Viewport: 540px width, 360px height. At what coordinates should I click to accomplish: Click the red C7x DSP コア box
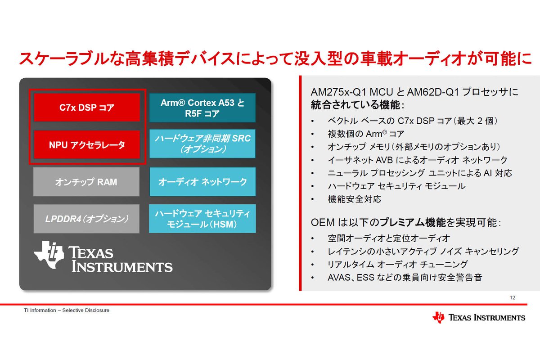87,108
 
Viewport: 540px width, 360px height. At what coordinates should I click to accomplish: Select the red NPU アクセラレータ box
87,145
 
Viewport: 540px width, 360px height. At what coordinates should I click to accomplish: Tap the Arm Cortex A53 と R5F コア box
202,108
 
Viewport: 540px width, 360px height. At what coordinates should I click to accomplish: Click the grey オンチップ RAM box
86,182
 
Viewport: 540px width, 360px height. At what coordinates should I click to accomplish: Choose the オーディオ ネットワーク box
202,182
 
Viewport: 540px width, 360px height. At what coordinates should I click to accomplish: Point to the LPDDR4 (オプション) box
86,219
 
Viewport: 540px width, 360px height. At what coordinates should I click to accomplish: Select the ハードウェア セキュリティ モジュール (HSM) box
202,218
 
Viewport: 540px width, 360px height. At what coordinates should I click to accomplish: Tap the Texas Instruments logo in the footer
479,318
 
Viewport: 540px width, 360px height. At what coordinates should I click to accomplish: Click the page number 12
513,298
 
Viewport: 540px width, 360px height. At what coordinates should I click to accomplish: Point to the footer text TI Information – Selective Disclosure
67,310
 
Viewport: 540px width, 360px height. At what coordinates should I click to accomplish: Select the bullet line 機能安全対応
355,199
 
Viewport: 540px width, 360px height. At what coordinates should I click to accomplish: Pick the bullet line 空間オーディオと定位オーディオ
389,238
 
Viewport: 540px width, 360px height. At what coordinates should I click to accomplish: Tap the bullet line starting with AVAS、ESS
405,278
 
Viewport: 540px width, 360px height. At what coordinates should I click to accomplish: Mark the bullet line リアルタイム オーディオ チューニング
398,265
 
